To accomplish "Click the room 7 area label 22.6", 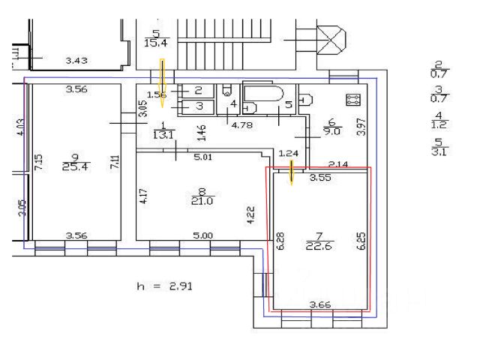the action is pos(315,245).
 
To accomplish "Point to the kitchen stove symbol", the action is pos(352,99).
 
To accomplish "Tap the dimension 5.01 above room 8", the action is pos(204,157).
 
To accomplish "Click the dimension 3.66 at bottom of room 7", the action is pos(321,304).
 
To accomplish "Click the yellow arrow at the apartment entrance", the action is pos(163,76).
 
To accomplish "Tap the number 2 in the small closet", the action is pos(199,91).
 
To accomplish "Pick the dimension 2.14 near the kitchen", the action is pos(340,163).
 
